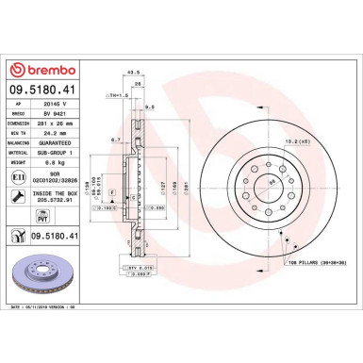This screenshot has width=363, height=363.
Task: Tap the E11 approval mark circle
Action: point(20,174)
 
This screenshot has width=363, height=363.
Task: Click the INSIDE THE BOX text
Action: point(64,193)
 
